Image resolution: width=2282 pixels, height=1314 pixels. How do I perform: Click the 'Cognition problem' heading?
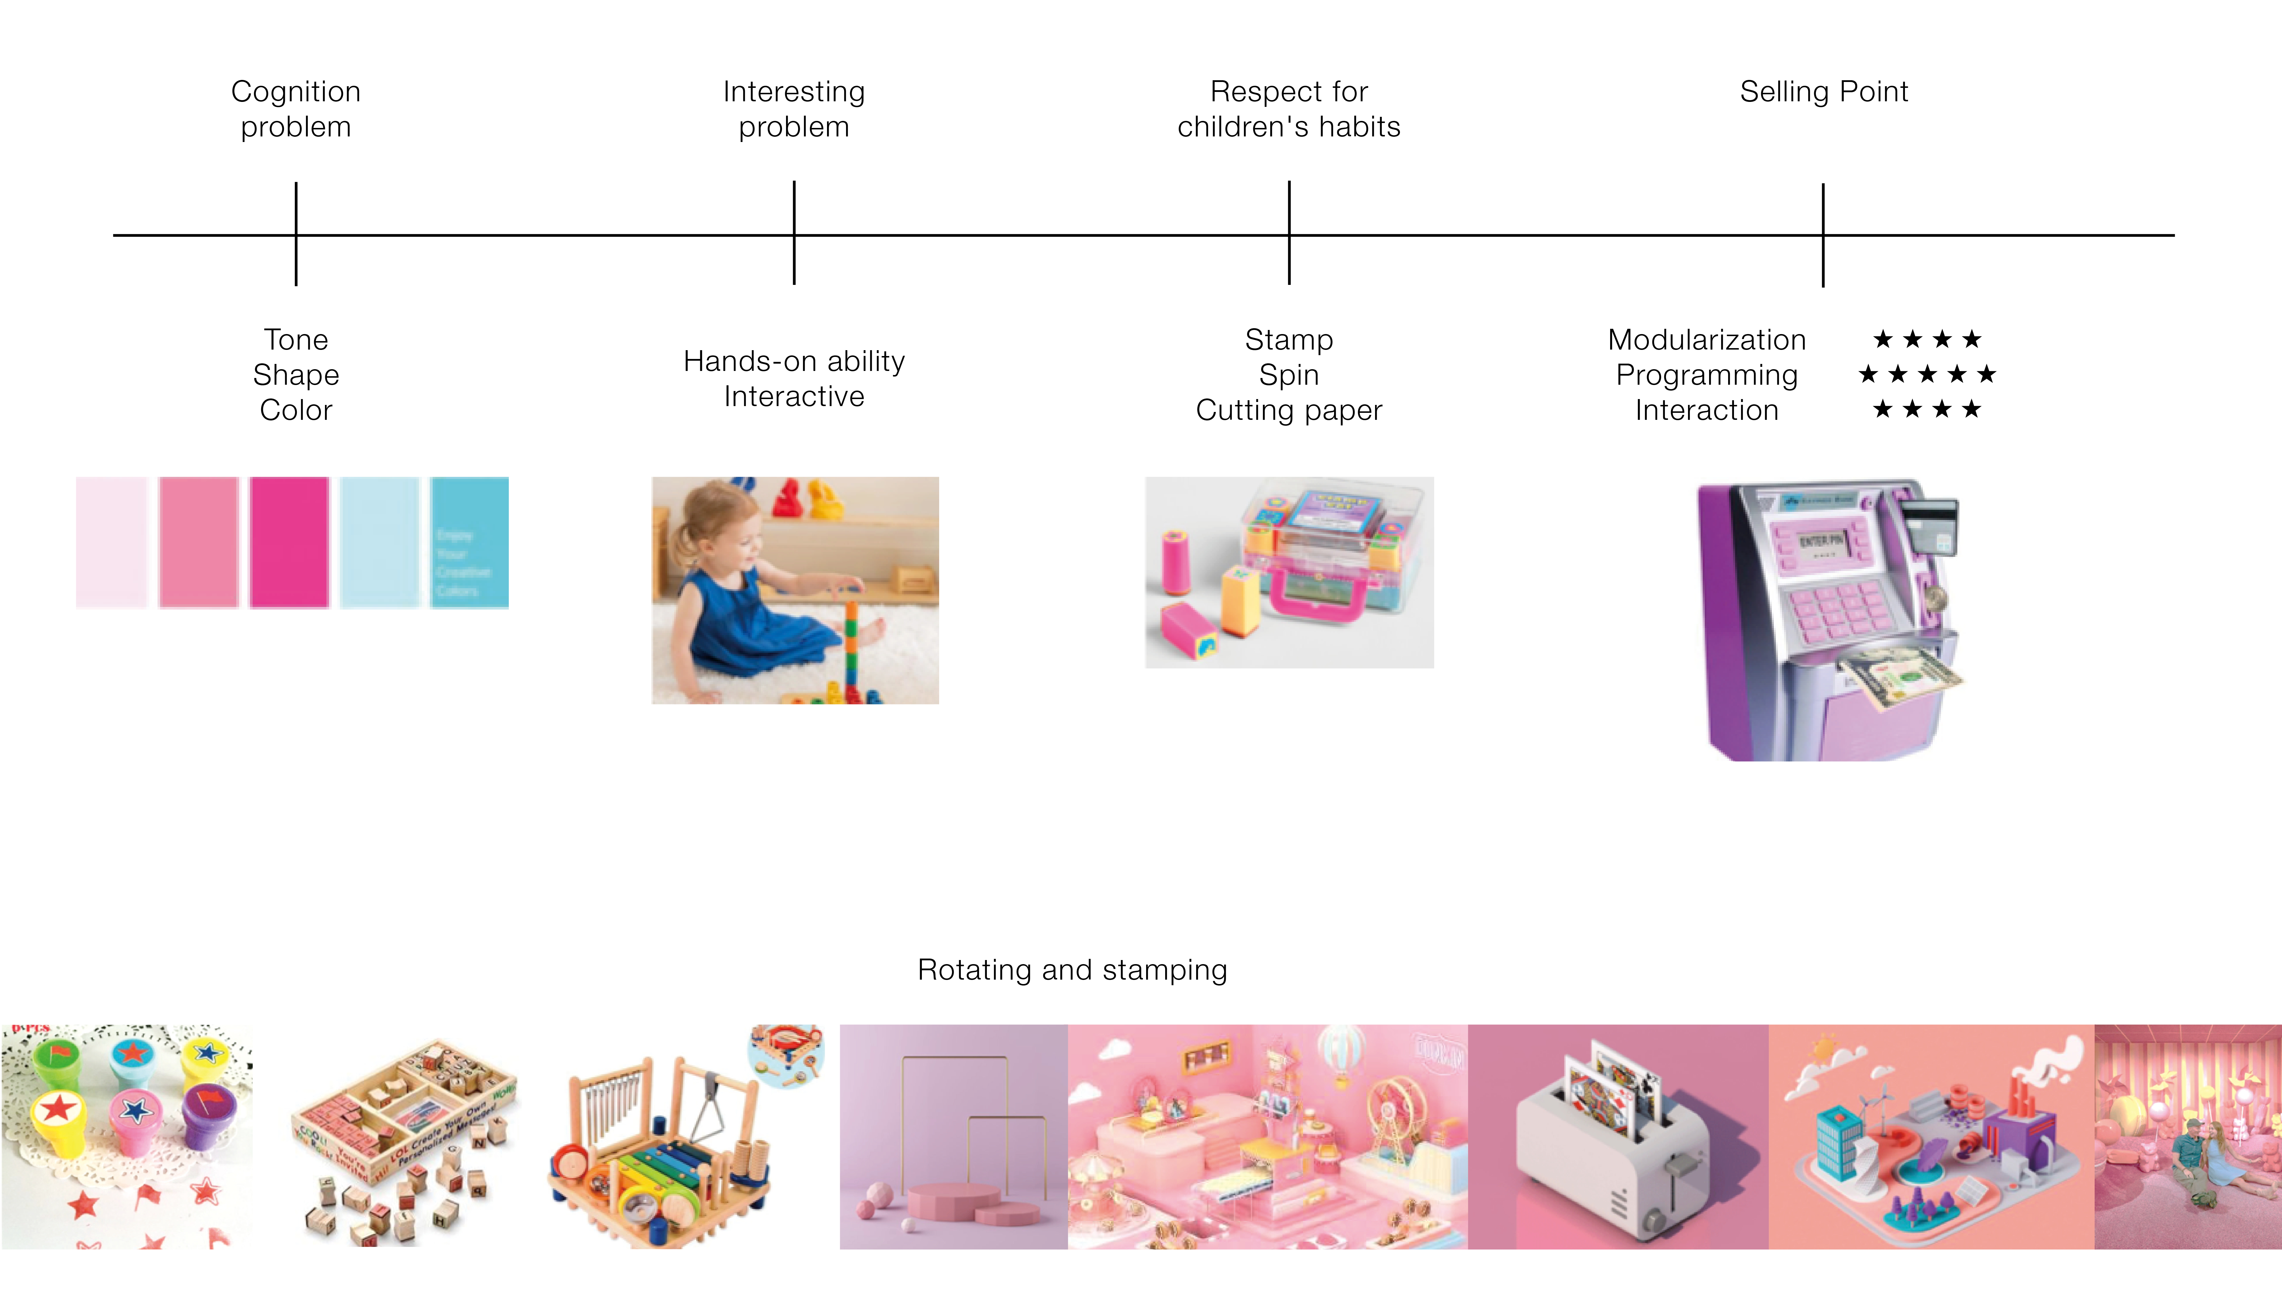coord(296,108)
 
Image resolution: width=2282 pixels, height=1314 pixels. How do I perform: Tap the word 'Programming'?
coord(1706,374)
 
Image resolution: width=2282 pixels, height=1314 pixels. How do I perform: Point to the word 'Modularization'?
coord(1706,339)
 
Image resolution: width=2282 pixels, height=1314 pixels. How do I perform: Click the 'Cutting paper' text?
coord(1288,410)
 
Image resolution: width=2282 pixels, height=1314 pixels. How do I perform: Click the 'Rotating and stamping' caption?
coord(1072,969)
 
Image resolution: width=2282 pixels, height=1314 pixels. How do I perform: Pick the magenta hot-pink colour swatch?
coord(290,541)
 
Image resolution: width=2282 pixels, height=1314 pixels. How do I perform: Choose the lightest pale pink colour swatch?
coord(111,541)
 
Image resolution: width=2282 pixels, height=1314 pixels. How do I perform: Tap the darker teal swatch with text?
coord(469,541)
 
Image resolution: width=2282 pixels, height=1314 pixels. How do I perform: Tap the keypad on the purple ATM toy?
coord(1832,609)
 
